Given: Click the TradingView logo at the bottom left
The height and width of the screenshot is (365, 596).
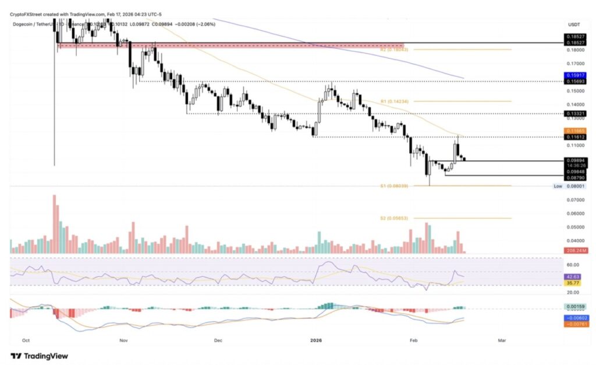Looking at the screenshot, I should click(39, 356).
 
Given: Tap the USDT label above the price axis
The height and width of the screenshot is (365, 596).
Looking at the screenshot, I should click(574, 24).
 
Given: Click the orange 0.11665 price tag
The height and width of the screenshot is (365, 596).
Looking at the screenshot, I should click(573, 131).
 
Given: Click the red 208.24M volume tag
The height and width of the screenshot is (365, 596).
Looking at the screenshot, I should click(573, 250).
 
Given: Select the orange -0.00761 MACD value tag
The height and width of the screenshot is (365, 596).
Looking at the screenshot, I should click(573, 324).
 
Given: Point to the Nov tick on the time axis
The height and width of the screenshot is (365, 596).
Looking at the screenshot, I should click(122, 339).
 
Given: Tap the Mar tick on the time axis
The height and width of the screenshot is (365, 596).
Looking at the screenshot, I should click(502, 339).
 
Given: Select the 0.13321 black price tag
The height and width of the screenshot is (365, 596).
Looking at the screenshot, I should click(573, 113).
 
